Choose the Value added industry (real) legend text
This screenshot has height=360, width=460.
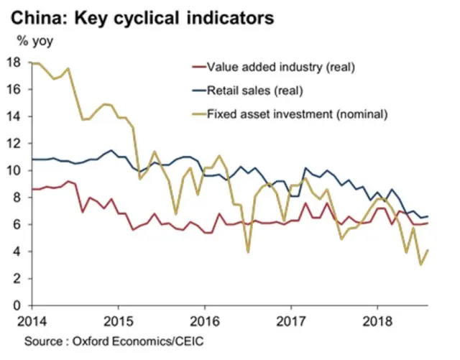[x=282, y=68]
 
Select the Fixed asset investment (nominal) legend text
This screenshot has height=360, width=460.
[x=297, y=113]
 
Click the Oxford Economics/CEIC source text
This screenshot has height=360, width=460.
[x=123, y=338]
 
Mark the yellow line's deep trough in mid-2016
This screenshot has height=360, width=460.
[x=248, y=251]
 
